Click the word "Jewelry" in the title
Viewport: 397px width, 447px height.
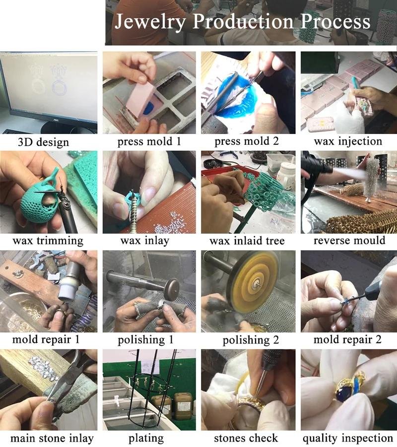pyautogui.click(x=150, y=22)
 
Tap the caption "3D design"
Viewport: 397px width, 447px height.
pyautogui.click(x=43, y=142)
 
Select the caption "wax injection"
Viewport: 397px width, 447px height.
pyautogui.click(x=348, y=141)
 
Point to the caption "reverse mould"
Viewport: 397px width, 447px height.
pyautogui.click(x=349, y=240)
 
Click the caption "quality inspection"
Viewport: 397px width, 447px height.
pyautogui.click(x=348, y=438)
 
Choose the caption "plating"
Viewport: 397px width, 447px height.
pyautogui.click(x=146, y=438)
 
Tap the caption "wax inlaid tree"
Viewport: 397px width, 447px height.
pyautogui.click(x=247, y=241)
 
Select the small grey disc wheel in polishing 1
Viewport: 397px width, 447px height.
pyautogui.click(x=173, y=289)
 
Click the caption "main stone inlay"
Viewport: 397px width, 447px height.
pyautogui.click(x=52, y=438)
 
